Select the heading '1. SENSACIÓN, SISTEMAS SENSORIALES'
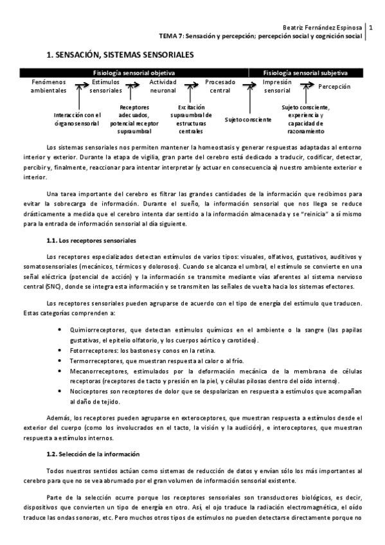point(120,56)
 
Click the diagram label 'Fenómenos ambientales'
point(48,87)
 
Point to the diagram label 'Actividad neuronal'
point(163,87)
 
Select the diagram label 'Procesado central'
point(220,87)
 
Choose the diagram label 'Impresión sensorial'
point(277,87)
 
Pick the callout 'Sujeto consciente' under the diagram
point(248,119)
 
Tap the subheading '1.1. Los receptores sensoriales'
point(90,240)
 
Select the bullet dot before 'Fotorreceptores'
point(60,351)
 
